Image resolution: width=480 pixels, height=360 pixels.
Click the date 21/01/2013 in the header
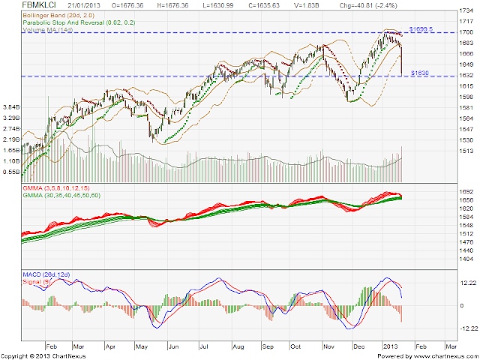point(82,5)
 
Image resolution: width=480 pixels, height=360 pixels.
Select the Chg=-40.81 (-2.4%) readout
point(369,5)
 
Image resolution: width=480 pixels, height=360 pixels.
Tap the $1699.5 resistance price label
point(421,28)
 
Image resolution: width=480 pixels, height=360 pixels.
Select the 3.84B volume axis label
point(10,106)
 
